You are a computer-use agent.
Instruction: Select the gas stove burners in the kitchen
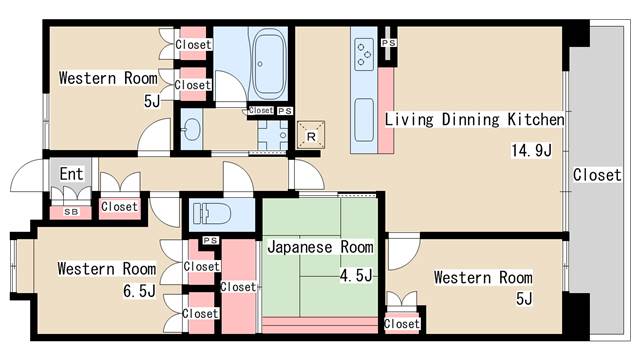[x=364, y=54]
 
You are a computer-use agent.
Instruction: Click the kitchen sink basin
[x=364, y=120]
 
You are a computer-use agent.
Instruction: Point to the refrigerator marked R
[x=311, y=135]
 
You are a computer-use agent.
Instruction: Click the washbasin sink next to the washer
[x=191, y=129]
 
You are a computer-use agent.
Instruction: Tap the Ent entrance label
[x=71, y=174]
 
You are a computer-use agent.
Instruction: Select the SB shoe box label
[x=71, y=212]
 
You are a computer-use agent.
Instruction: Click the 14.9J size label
[x=531, y=150]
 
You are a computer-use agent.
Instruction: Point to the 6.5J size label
[x=140, y=291]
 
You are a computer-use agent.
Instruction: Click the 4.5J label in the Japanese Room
[x=356, y=276]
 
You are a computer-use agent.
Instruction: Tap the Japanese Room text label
[x=320, y=247]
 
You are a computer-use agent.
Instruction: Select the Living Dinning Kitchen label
[x=475, y=119]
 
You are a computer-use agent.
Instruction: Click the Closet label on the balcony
[x=597, y=175]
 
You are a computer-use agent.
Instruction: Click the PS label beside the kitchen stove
[x=389, y=42]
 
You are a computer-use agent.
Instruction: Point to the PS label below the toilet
[x=211, y=240]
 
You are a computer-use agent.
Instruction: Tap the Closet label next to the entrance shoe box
[x=119, y=207]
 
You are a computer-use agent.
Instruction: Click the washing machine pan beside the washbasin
[x=273, y=135]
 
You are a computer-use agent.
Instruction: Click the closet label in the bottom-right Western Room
[x=402, y=324]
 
